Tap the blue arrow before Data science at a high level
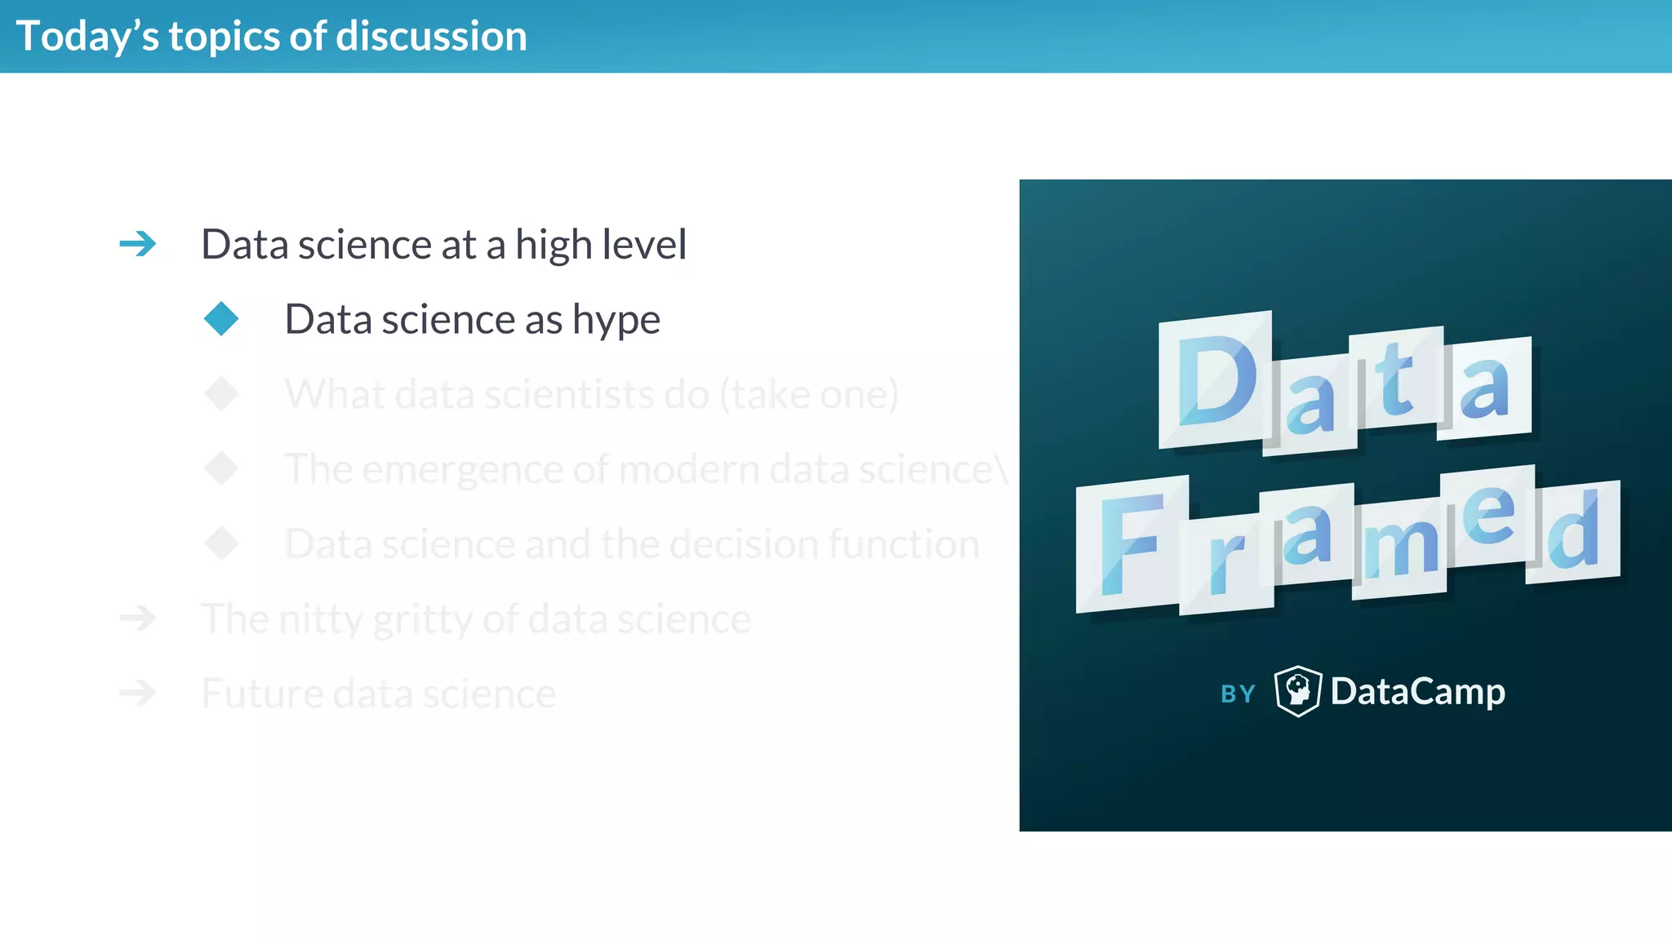coord(137,244)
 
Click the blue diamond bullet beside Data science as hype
coord(221,318)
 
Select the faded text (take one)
coord(808,394)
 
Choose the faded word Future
coord(261,694)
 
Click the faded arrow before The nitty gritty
coord(137,618)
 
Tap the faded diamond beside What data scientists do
coord(221,393)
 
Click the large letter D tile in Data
coord(1216,380)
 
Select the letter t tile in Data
coord(1395,378)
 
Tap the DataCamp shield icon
coord(1297,691)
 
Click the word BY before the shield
coord(1238,694)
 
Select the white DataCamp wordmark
coord(1417,692)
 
